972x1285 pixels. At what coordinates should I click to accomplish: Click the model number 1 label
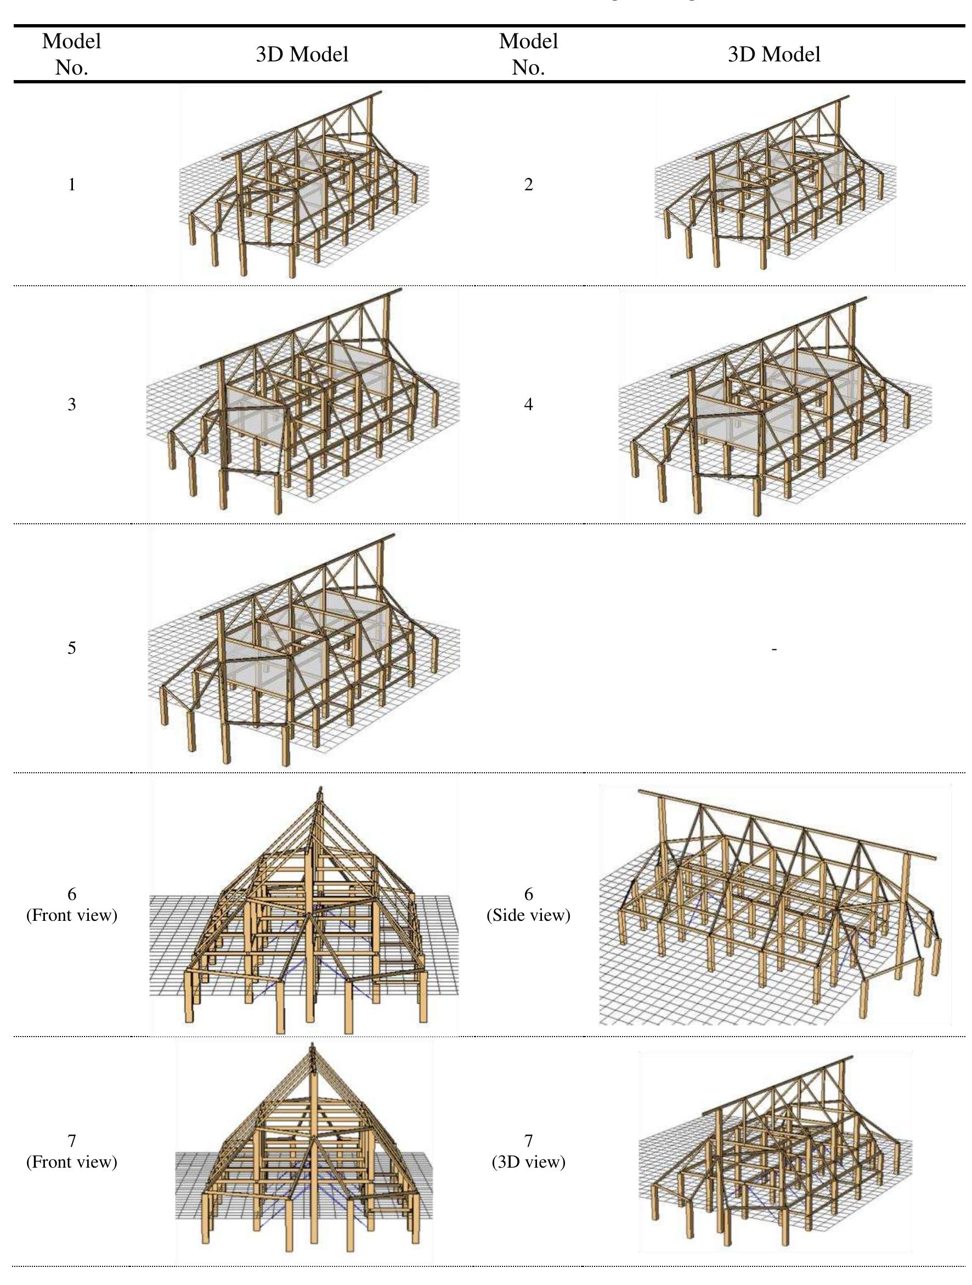(x=71, y=185)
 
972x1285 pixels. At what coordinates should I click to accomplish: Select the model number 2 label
(x=528, y=185)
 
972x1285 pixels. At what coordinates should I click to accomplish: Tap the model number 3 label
(x=71, y=404)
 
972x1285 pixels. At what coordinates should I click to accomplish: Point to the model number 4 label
(x=528, y=404)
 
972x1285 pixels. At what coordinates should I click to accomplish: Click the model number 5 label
(x=71, y=648)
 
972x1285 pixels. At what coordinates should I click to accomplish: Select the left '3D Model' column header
(x=302, y=55)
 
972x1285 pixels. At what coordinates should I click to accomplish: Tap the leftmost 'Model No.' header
(x=71, y=54)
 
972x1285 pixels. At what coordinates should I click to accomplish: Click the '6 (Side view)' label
(x=528, y=905)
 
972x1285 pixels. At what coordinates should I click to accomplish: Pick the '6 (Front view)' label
(x=71, y=905)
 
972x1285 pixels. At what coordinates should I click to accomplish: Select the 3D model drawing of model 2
(x=776, y=186)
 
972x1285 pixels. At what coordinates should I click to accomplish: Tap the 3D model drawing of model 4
(x=776, y=406)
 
